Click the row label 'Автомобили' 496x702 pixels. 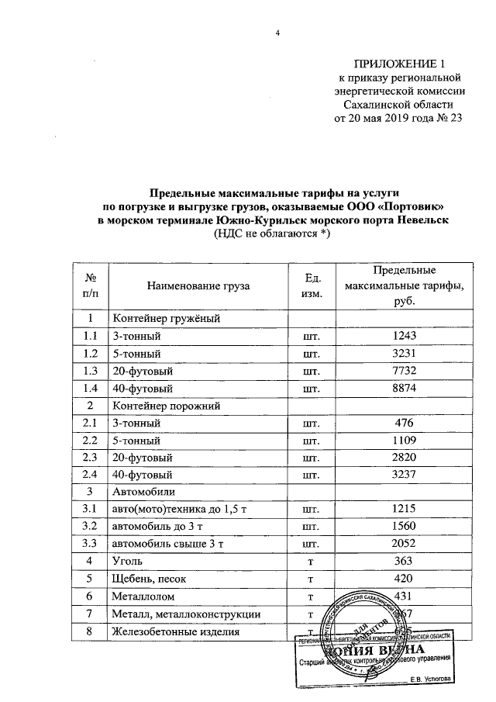[x=143, y=492]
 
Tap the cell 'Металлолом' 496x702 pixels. [x=144, y=596]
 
